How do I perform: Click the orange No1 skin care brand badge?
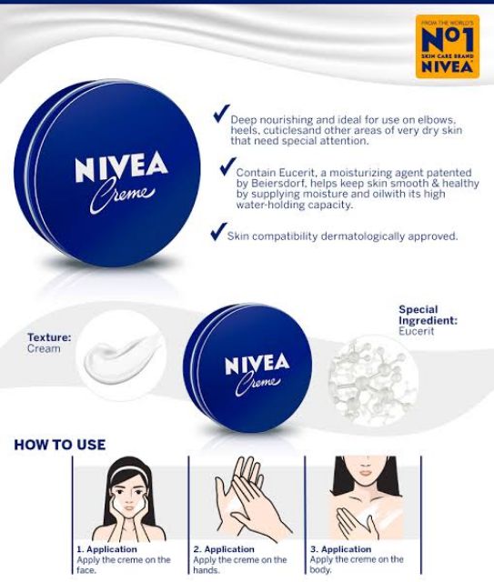(x=448, y=46)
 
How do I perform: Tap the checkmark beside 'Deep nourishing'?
(x=221, y=113)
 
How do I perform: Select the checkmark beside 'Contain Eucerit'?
(x=227, y=166)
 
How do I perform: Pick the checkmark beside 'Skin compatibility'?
(x=218, y=232)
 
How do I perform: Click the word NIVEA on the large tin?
(x=122, y=166)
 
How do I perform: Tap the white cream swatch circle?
(x=121, y=356)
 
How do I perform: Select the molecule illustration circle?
(x=373, y=380)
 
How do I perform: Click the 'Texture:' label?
(x=49, y=337)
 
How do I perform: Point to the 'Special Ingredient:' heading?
(x=428, y=315)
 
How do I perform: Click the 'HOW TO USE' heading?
(x=59, y=445)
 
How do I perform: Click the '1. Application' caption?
(x=107, y=549)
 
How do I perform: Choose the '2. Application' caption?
(x=224, y=549)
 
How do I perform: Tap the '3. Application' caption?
(x=341, y=549)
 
